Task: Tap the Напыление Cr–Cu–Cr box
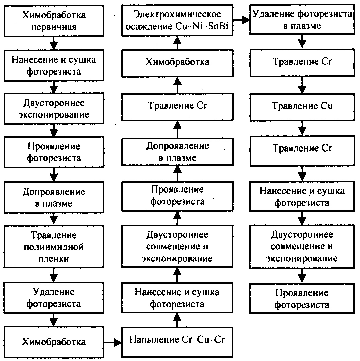[177, 340]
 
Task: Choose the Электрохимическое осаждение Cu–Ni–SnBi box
[177, 20]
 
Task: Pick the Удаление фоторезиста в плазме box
[302, 20]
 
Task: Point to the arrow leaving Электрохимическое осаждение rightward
[242, 20]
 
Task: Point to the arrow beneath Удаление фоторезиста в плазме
[302, 41]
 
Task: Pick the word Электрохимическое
[177, 14]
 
